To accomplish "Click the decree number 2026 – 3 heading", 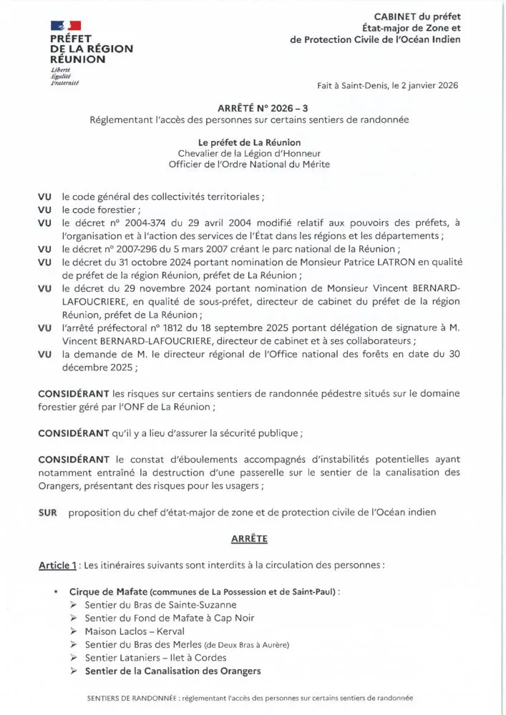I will (x=252, y=107).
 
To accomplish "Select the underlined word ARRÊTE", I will (x=250, y=536).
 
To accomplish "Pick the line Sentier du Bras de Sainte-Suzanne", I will (x=150, y=605).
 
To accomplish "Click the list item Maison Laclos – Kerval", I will (x=134, y=631).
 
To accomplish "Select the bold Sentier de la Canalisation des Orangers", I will (x=172, y=671).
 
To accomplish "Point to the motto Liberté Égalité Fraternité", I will (x=64, y=78).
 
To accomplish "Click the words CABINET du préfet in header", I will (x=417, y=16).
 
